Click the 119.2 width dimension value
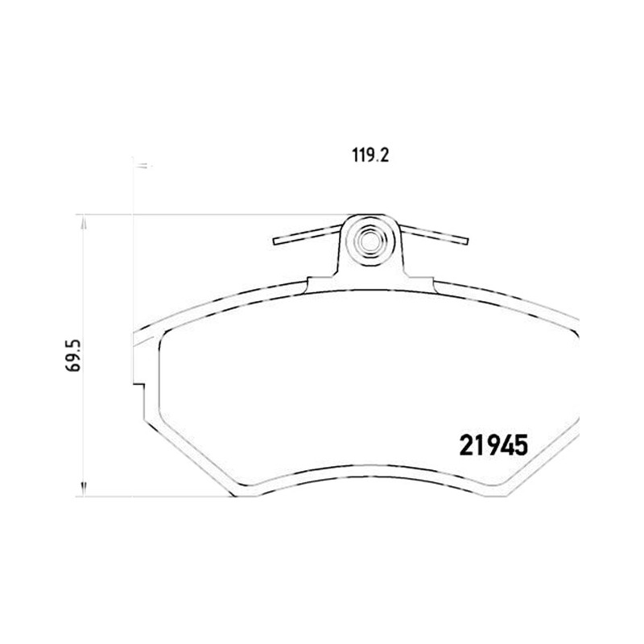tap(370, 155)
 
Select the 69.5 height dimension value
tap(74, 356)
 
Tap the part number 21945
tap(493, 446)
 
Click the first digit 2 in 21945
tap(466, 446)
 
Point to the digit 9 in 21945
tap(492, 446)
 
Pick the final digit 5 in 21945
tap(521, 446)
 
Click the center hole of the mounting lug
tap(369, 242)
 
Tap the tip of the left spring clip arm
tap(275, 241)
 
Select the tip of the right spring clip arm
tap(467, 241)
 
